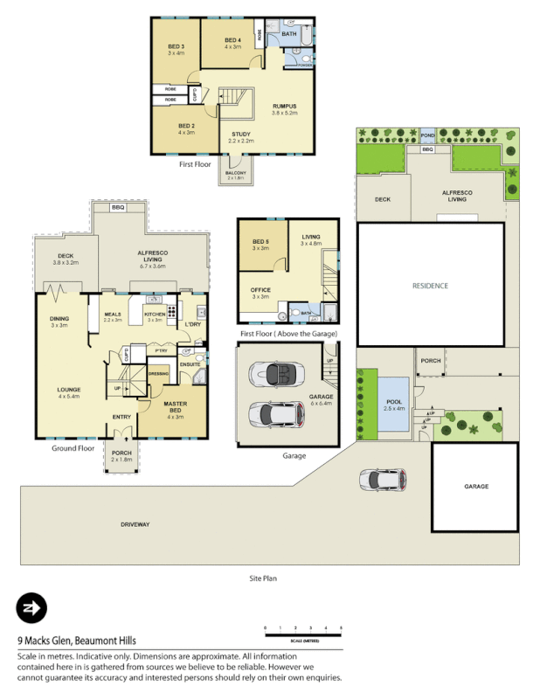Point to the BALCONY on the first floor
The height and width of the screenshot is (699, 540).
tap(236, 174)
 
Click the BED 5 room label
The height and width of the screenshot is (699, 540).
tap(260, 244)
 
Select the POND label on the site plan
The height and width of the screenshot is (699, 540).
tap(427, 136)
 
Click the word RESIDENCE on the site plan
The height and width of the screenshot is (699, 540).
tap(430, 286)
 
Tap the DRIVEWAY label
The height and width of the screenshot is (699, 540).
tap(136, 525)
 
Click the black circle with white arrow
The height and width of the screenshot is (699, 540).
tap(31, 607)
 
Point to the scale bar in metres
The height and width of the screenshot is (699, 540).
tap(303, 629)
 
